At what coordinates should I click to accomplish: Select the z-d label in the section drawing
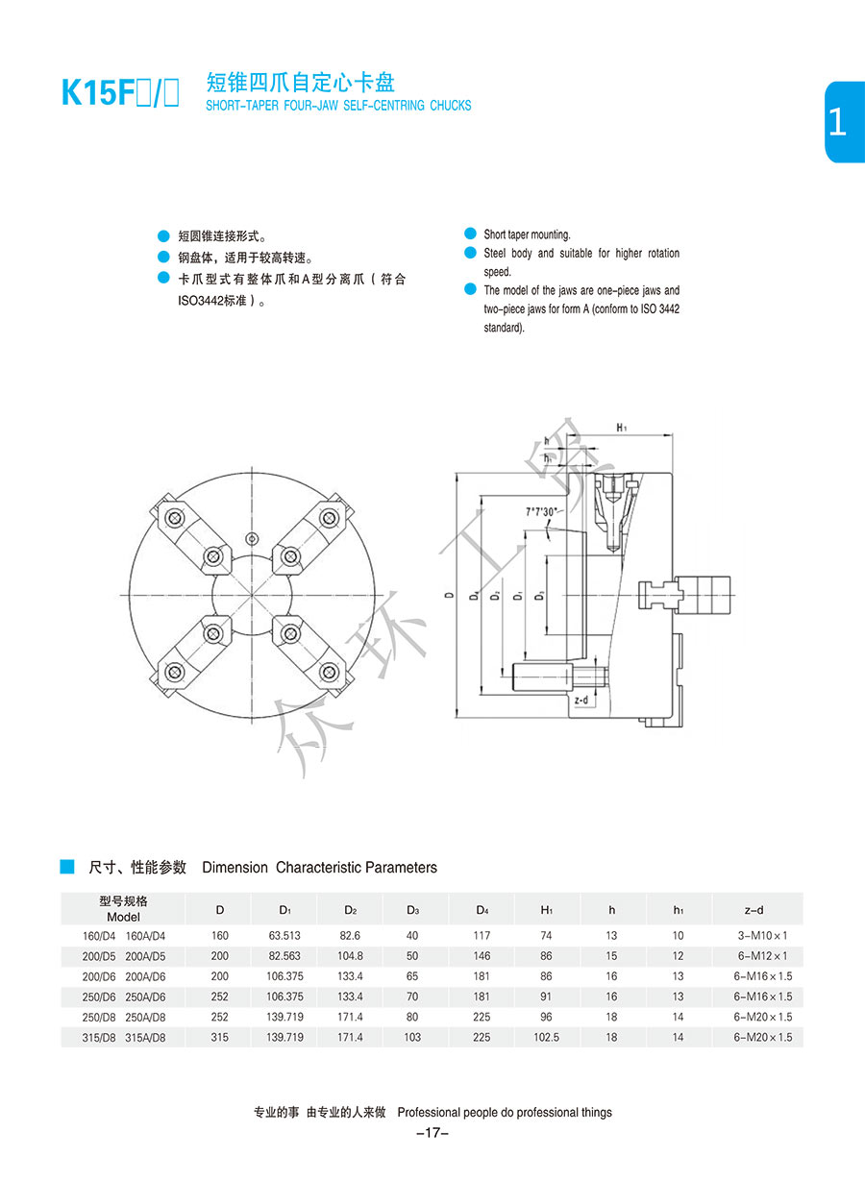pos(581,701)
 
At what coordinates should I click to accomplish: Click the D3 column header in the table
pos(413,910)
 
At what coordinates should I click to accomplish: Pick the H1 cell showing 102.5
pos(546,1038)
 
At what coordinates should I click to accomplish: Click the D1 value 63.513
pos(284,936)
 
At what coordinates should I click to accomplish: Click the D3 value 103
pos(413,1038)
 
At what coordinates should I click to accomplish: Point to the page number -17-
pos(432,1134)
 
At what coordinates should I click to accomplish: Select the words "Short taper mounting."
pos(527,234)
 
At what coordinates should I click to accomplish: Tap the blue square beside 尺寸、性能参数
pos(67,867)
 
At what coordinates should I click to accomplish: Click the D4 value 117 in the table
pos(482,936)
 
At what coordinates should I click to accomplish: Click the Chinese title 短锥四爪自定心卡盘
pos(301,82)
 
